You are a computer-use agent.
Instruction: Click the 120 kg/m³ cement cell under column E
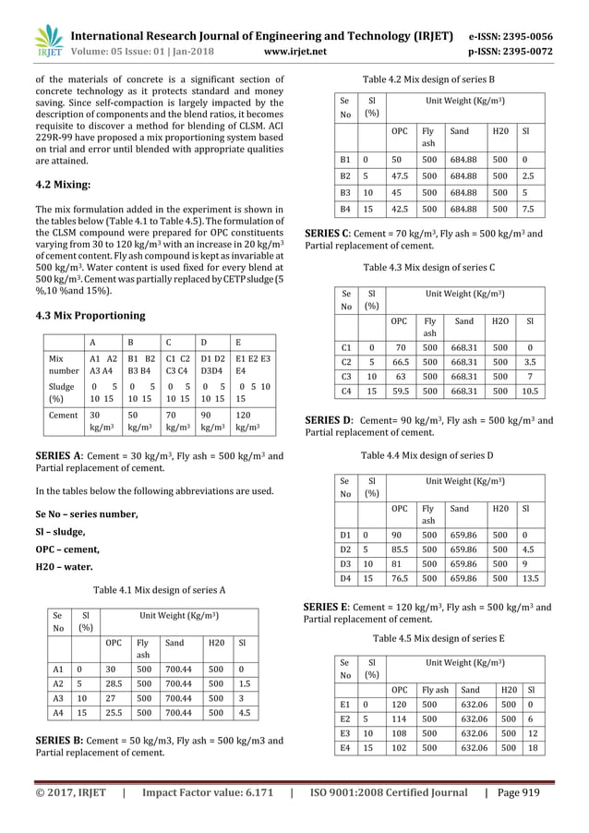[252, 421]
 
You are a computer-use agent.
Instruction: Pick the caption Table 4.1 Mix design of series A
[154, 589]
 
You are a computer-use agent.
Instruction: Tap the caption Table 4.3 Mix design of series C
[428, 267]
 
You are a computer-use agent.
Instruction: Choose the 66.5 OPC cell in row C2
[400, 361]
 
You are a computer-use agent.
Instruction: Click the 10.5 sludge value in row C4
[529, 391]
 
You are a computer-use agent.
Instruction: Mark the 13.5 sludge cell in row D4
[529, 578]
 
